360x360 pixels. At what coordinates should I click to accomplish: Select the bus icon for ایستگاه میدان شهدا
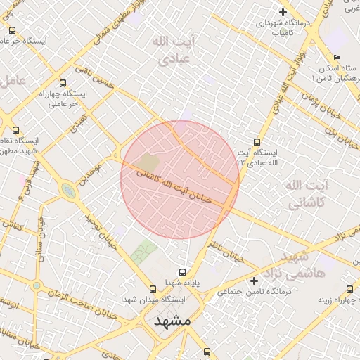(x=153, y=288)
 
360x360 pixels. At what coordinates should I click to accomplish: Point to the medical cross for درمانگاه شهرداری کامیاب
(x=283, y=12)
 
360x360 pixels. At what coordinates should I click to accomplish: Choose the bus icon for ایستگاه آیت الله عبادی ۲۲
(x=257, y=141)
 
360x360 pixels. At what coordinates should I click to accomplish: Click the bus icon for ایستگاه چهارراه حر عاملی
(x=63, y=83)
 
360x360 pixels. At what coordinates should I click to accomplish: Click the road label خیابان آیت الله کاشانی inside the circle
(x=172, y=184)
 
